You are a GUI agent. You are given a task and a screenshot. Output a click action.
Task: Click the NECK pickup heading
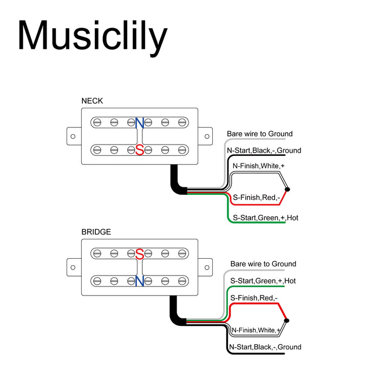coord(92,101)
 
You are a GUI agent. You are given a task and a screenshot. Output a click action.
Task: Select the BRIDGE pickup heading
coord(96,232)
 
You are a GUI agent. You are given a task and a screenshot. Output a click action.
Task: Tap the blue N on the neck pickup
coord(140,123)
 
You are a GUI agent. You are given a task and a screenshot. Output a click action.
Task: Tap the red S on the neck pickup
coord(140,150)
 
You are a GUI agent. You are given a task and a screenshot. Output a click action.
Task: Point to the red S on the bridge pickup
coord(140,253)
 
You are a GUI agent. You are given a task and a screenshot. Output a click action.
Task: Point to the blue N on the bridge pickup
coord(140,280)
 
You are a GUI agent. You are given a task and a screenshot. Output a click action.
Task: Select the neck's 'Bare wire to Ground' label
coord(259,134)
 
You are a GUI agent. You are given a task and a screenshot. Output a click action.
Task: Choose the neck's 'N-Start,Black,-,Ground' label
coord(264,151)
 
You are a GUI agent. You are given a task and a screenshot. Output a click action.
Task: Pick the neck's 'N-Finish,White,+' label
coord(258,166)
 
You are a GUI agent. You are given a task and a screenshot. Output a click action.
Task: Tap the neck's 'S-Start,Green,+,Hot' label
coord(265,218)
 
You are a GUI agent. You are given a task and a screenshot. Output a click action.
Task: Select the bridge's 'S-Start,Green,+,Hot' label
coord(263,281)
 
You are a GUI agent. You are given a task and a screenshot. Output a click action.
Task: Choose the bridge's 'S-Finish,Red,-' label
coord(254,298)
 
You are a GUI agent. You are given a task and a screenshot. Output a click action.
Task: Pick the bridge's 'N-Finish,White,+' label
coord(256,330)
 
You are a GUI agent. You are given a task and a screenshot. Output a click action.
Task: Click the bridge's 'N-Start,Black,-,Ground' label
coord(265,347)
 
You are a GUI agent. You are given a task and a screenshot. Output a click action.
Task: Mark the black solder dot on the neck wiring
coord(287,190)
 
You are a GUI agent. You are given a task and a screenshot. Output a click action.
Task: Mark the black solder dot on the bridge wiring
coord(286,321)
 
